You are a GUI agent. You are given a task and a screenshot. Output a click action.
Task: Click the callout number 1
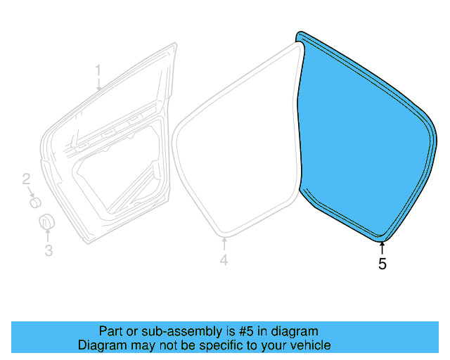click(98, 70)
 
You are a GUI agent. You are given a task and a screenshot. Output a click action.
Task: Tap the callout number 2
click(25, 179)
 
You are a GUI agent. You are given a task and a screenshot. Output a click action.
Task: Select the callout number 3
click(49, 250)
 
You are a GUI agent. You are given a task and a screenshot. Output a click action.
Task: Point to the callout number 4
click(224, 261)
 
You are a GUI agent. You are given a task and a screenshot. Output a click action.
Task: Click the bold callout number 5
click(382, 264)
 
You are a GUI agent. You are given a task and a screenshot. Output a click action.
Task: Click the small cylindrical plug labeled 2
click(34, 203)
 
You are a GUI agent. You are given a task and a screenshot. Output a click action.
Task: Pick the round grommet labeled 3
click(45, 222)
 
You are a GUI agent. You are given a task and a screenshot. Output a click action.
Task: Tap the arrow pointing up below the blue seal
click(382, 247)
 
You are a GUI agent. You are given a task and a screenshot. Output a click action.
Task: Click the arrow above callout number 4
click(224, 244)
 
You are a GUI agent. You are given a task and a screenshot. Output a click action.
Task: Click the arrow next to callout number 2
click(30, 191)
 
